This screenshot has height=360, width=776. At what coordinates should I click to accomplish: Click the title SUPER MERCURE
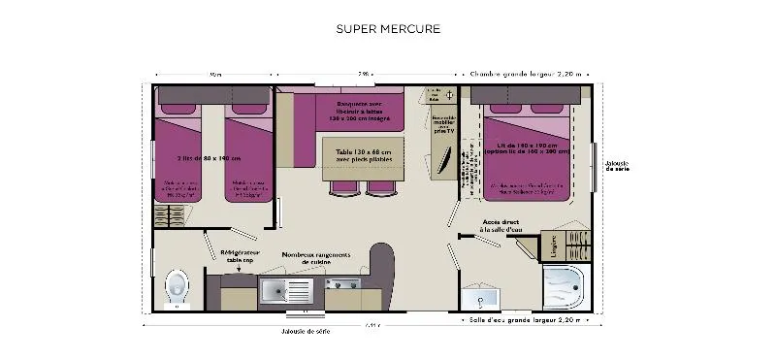388,28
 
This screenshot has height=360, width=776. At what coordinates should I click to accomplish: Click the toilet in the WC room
177,286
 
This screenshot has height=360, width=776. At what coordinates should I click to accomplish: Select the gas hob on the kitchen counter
342,284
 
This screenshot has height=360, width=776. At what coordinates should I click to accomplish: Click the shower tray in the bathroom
563,287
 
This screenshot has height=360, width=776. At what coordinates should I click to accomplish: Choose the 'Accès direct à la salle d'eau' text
501,225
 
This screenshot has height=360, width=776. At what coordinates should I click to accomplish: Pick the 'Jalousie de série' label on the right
616,165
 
